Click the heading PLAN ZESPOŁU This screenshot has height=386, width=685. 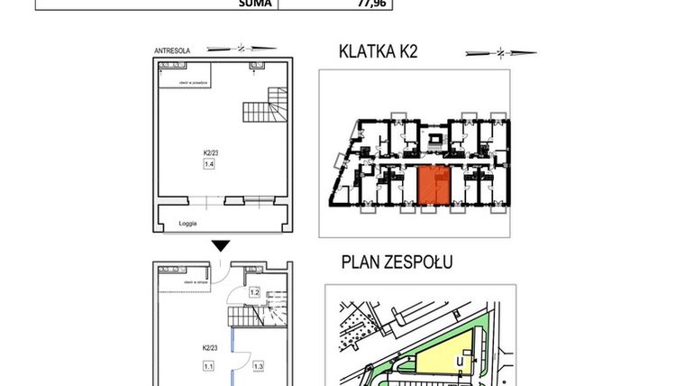pyautogui.click(x=397, y=262)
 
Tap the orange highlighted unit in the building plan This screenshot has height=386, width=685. pyautogui.click(x=434, y=187)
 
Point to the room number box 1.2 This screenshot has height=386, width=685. pyautogui.click(x=254, y=292)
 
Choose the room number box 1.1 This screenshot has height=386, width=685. pyautogui.click(x=208, y=366)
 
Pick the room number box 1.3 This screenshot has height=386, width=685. pyautogui.click(x=258, y=366)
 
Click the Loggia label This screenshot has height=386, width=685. pyautogui.click(x=187, y=223)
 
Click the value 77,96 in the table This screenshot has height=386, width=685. pyautogui.click(x=343, y=4)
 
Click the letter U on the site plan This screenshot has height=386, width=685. pyautogui.click(x=460, y=363)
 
